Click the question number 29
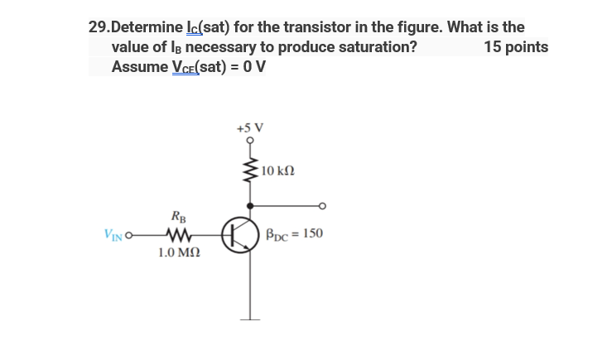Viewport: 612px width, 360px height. pyautogui.click(x=99, y=27)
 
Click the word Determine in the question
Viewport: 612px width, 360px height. pyautogui.click(x=152, y=27)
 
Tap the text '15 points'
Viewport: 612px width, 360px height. pyautogui.click(x=516, y=46)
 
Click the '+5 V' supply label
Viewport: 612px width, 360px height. pyautogui.click(x=249, y=128)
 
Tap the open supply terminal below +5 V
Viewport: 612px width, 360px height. pyautogui.click(x=249, y=142)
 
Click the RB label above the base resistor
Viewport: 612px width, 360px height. pyautogui.click(x=178, y=218)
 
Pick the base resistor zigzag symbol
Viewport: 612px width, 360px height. pyautogui.click(x=179, y=234)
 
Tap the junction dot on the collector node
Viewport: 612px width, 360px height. pyautogui.click(x=249, y=204)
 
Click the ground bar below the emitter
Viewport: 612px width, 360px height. pyautogui.click(x=249, y=319)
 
